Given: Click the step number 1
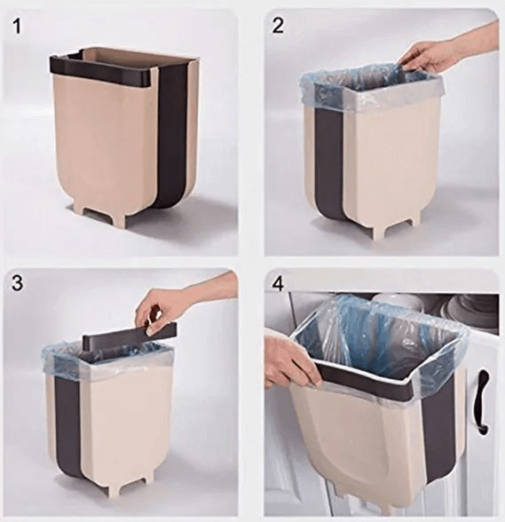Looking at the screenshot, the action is coord(18,27).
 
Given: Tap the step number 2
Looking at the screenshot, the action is coord(278,26).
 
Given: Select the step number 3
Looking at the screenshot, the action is coord(18,283).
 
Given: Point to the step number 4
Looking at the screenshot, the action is coord(278,284).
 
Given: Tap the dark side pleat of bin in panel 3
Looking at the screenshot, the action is coord(68,430).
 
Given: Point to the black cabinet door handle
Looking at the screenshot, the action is coord(484,402).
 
